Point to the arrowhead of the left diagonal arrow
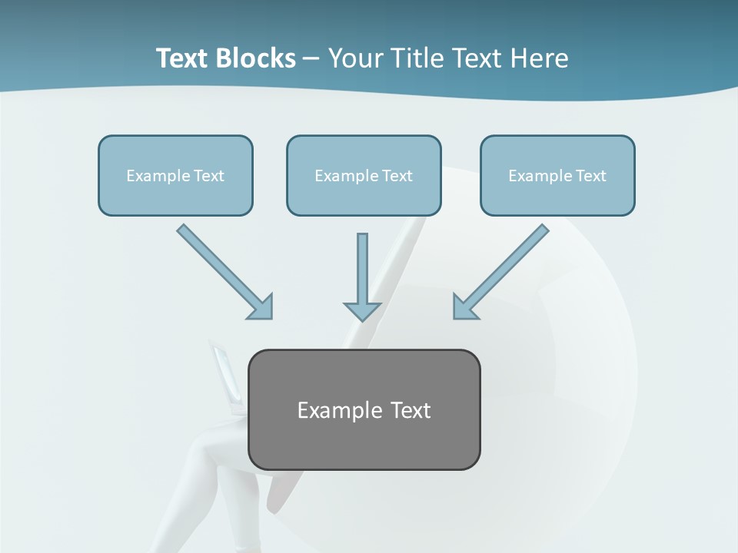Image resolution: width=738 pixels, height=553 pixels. pyautogui.click(x=261, y=306)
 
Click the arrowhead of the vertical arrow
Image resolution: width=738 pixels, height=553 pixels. pyautogui.click(x=362, y=310)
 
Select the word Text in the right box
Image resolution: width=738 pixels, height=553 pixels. pyautogui.click(x=590, y=176)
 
